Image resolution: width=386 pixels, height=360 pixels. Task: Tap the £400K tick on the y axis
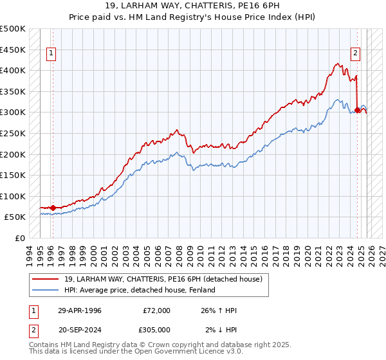coord(14,71)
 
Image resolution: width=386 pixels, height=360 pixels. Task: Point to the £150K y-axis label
coord(14,175)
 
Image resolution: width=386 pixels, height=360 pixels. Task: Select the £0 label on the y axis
coord(20,238)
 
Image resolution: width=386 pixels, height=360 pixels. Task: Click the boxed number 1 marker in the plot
coord(51,54)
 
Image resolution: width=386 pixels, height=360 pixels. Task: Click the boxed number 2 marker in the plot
coord(354,54)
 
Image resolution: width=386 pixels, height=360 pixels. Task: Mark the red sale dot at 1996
coord(53,208)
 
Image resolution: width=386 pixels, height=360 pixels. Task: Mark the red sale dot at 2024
coord(357,110)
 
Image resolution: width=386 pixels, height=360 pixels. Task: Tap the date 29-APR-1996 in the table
coord(79,310)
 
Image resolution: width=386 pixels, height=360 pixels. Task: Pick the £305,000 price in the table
coord(156,329)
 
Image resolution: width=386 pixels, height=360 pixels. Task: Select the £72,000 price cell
coord(156,310)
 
